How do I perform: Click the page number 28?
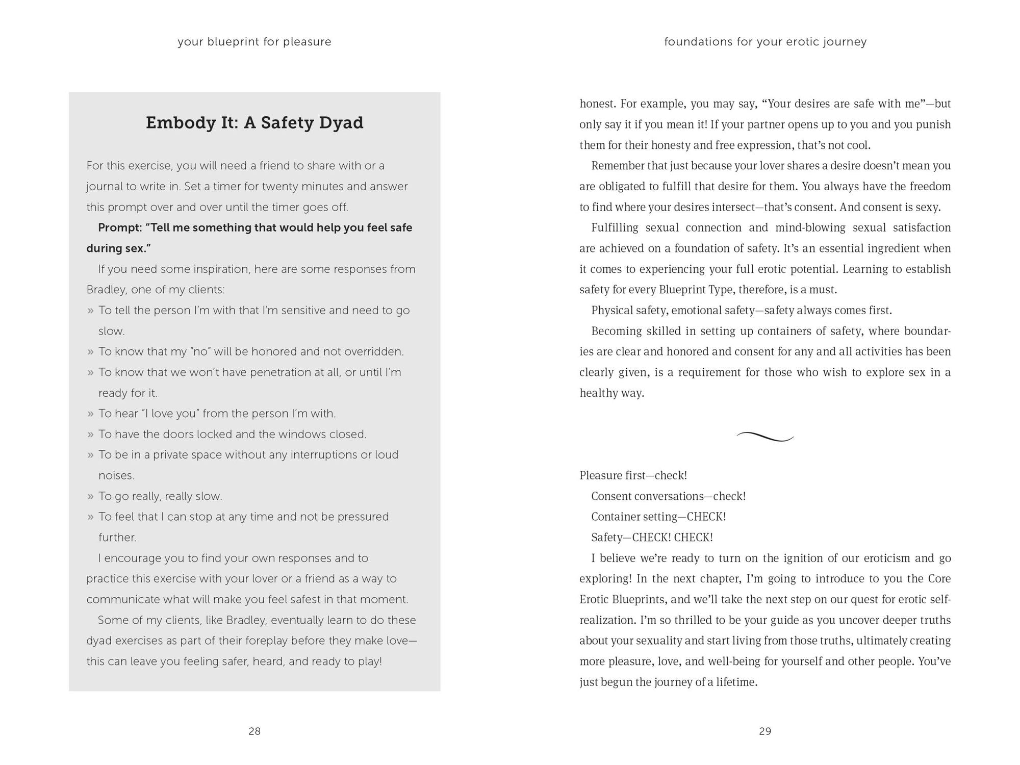point(254,731)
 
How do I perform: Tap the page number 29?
point(765,731)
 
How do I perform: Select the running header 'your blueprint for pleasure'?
point(254,42)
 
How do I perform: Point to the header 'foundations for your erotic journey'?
point(765,42)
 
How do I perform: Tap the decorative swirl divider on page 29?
point(765,437)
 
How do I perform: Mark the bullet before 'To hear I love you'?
point(90,414)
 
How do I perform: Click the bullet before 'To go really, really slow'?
point(90,496)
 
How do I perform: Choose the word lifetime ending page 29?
point(734,682)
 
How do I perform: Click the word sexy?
point(927,207)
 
